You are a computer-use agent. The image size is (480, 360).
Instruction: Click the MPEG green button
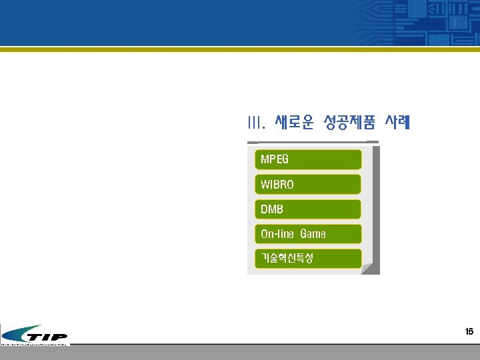(x=308, y=159)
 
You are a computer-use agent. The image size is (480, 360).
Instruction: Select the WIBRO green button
(x=308, y=185)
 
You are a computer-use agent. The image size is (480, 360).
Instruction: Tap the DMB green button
(x=308, y=209)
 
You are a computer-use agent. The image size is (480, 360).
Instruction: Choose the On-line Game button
(x=308, y=234)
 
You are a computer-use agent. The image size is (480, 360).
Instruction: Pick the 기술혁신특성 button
(x=308, y=259)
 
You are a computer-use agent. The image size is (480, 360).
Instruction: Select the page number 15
(x=469, y=331)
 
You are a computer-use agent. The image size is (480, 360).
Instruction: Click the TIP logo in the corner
(x=35, y=335)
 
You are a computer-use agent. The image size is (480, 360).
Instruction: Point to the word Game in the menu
(x=313, y=234)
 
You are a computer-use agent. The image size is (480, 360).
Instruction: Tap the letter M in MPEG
(x=264, y=160)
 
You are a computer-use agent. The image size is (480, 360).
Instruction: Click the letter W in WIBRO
(x=265, y=185)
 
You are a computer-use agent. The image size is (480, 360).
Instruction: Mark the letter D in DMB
(x=263, y=209)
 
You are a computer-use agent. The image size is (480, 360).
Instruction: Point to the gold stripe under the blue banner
(x=240, y=49)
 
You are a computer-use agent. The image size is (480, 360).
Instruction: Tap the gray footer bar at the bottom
(x=267, y=353)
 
